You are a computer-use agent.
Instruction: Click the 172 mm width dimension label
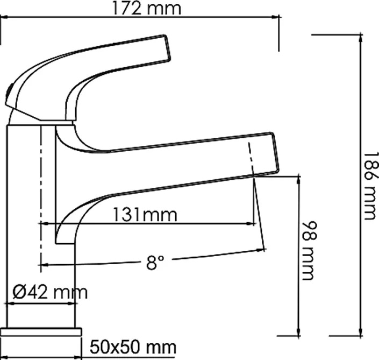pos(147,9)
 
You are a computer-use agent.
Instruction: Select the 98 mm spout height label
pos(310,251)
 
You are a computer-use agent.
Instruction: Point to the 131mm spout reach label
pos(145,214)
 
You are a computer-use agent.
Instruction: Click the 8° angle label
pos(155,262)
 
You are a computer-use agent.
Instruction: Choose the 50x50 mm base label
pos(133,347)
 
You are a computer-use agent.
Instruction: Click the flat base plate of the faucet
pos(41,332)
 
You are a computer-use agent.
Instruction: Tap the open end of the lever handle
pos(168,47)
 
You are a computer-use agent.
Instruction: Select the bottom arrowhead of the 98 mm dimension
pos(299,331)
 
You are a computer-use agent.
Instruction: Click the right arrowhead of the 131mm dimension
pos(252,224)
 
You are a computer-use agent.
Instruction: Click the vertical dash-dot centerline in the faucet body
pos(41,199)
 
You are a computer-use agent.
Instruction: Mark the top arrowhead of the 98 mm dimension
pos(299,181)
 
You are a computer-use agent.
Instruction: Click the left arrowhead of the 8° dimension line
pos(44,265)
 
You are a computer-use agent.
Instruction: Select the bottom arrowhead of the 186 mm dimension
pos(361,331)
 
